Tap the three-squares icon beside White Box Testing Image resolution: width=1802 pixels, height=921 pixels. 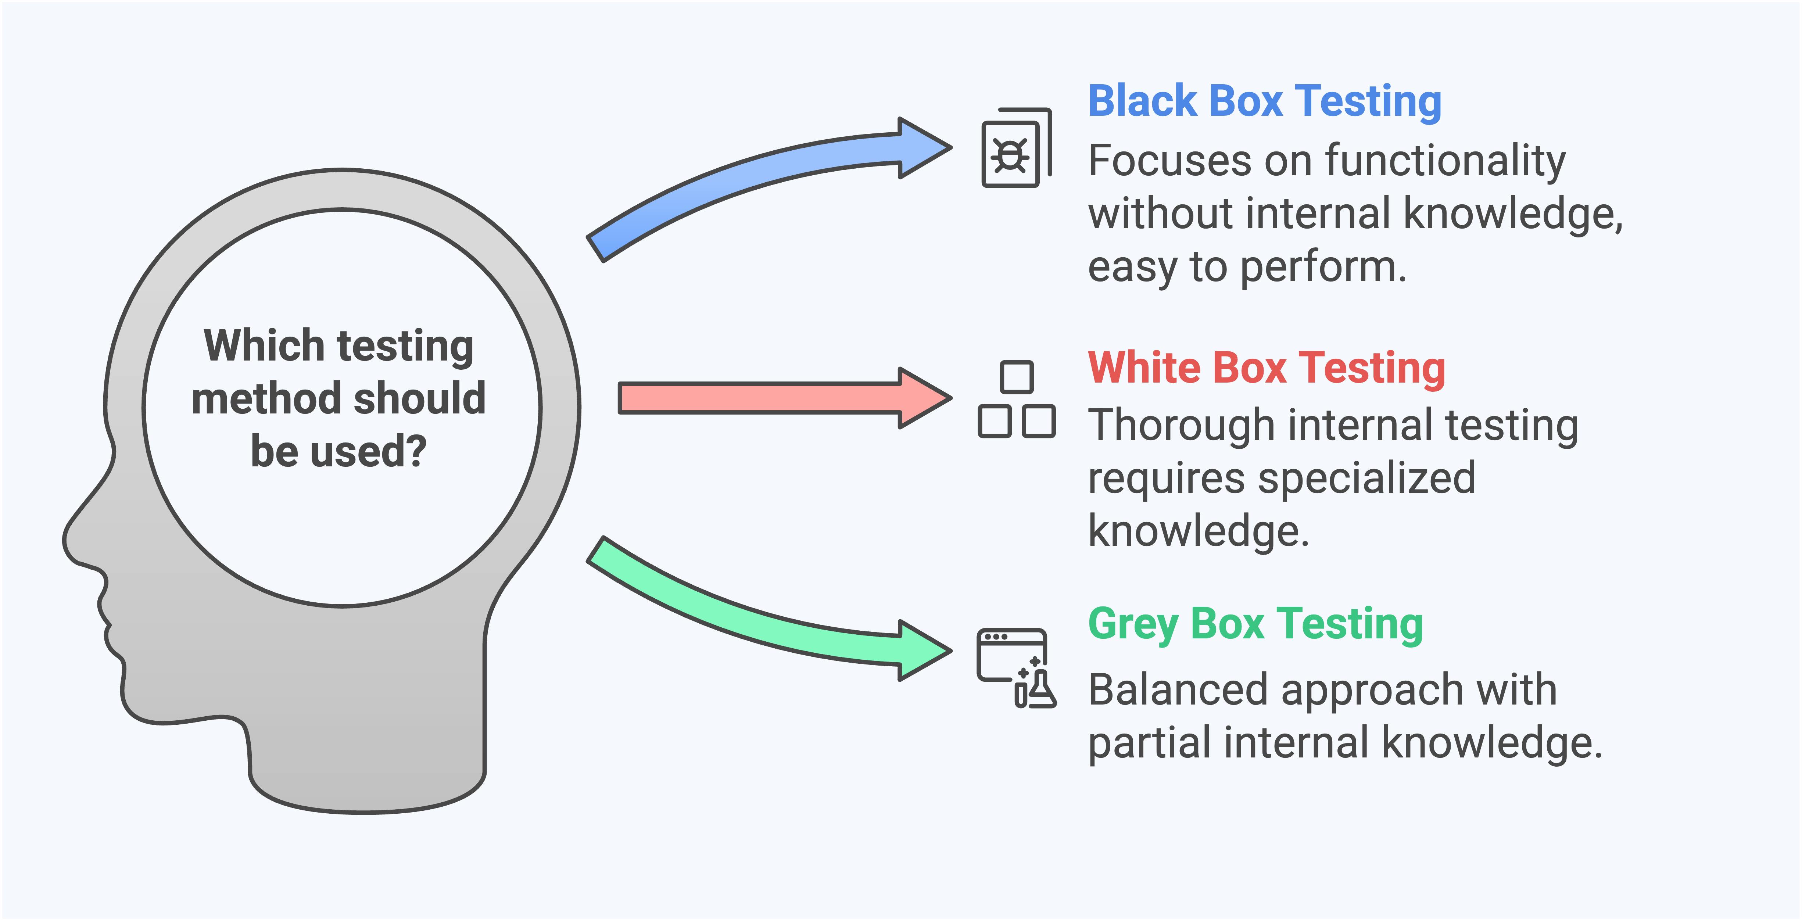(1017, 400)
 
